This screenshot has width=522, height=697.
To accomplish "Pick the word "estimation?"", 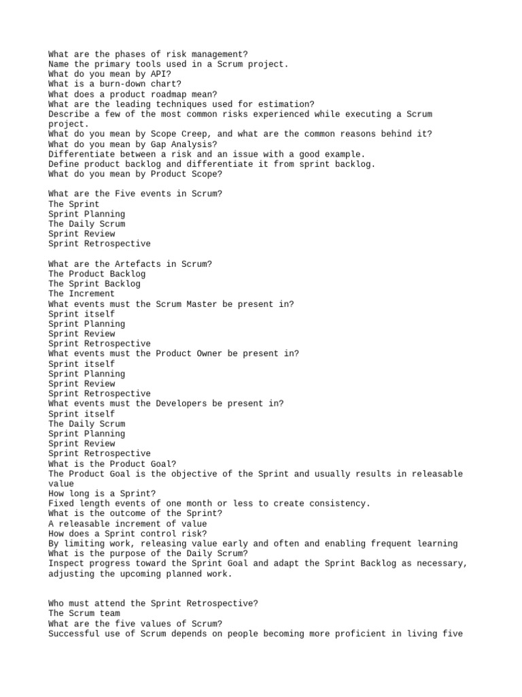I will [283, 104].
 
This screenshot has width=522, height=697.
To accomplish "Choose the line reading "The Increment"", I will [82, 294].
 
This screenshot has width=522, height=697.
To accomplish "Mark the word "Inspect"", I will [66, 564].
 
